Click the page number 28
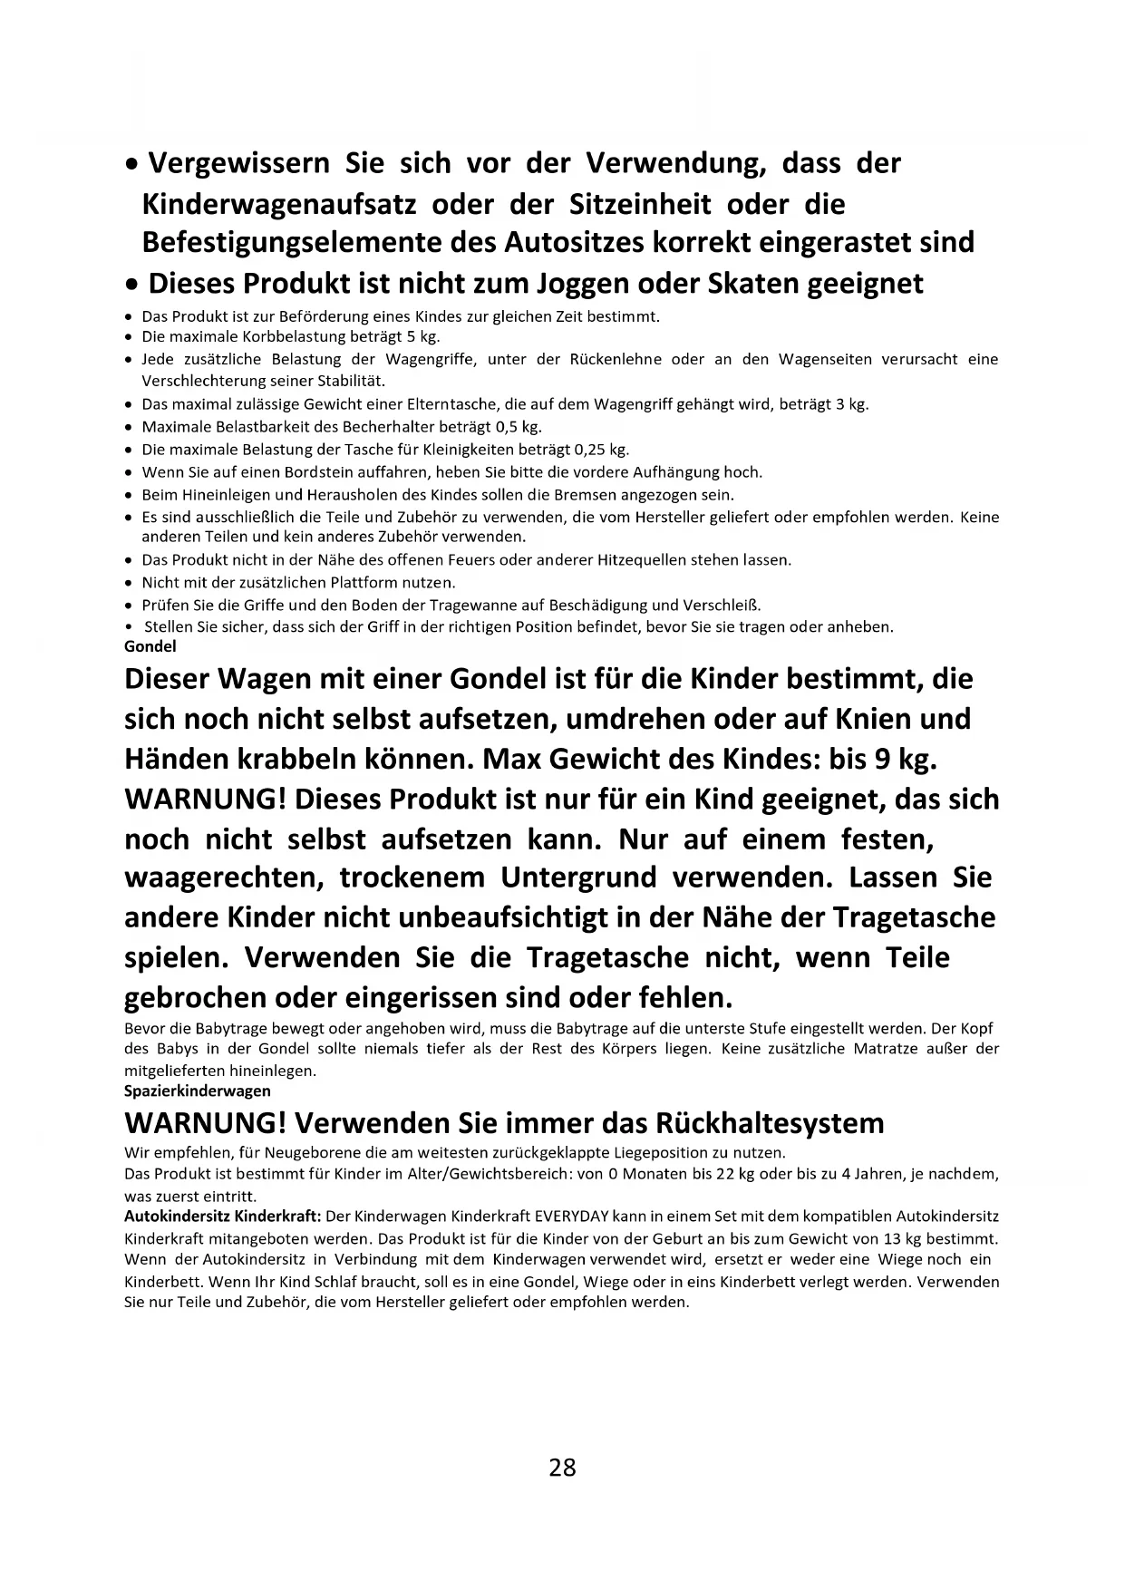562,1467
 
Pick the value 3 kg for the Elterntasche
853,404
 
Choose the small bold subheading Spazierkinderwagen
197,1091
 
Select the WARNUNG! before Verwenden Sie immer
205,1123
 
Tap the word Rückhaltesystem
773,1123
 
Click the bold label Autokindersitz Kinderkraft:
222,1216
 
